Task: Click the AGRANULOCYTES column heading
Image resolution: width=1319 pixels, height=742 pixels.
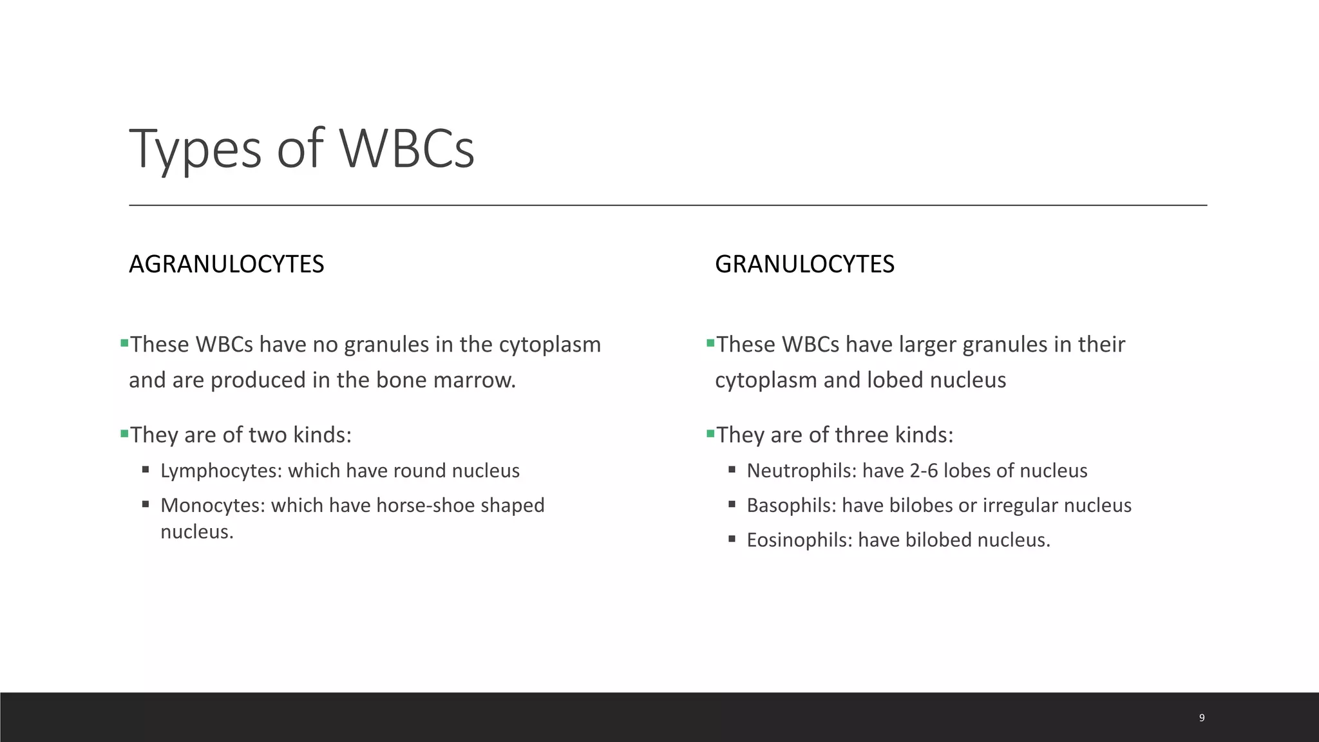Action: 226,264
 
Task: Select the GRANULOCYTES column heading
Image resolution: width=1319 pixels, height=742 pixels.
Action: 804,264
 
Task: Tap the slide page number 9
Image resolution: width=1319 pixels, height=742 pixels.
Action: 1202,718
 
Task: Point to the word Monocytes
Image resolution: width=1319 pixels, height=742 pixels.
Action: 213,506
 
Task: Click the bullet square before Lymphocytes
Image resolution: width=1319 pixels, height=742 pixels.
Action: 146,470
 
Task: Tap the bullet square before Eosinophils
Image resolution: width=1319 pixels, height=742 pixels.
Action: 732,538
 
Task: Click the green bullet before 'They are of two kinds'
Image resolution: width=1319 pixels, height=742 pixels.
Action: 124,434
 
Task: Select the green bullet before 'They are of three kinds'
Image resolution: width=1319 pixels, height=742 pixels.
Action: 710,434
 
